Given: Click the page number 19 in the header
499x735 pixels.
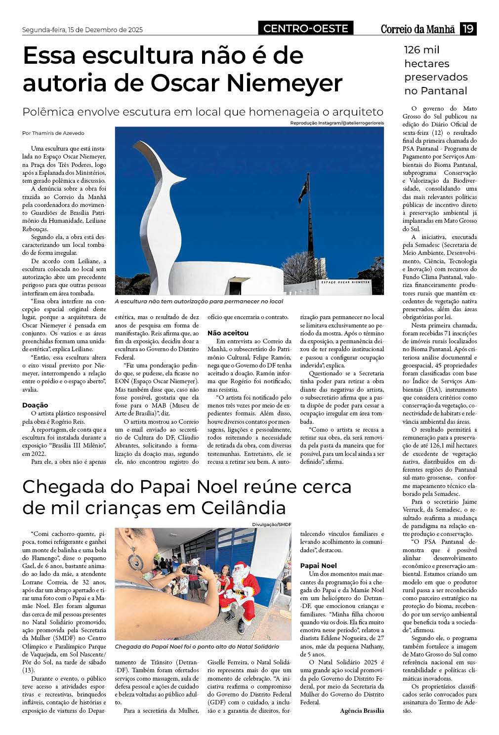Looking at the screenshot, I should (x=468, y=29).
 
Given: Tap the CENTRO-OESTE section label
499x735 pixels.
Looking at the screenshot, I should (x=305, y=29).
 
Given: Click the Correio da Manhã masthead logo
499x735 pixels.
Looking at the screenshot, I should (x=417, y=29).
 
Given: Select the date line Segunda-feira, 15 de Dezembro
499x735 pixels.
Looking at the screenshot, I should (x=82, y=30).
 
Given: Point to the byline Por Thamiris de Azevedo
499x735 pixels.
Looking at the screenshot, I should (x=53, y=133).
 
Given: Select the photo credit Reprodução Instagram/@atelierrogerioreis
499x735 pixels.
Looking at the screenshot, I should (x=337, y=122).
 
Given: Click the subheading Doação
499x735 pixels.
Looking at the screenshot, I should (x=35, y=405).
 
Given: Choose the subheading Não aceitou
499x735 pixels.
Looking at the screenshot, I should (x=228, y=333).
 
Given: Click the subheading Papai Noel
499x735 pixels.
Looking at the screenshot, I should (x=318, y=566).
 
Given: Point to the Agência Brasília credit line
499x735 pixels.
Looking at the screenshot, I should (x=362, y=710).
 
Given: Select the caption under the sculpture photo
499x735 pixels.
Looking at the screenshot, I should (x=199, y=301).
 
